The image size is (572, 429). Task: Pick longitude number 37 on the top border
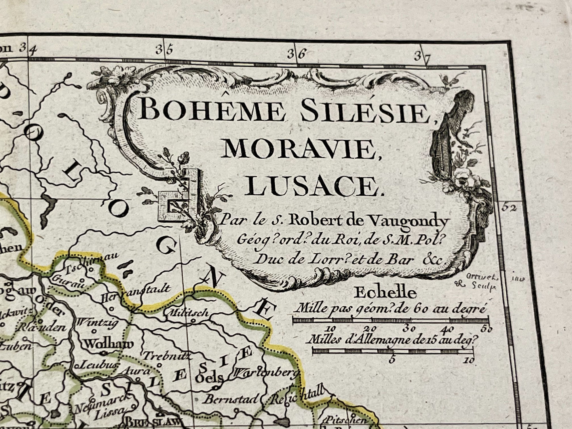tap(422, 56)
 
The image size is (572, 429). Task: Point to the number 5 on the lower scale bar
tap(392, 360)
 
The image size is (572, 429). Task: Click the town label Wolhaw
tap(105, 344)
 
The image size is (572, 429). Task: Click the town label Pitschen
tap(338, 420)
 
